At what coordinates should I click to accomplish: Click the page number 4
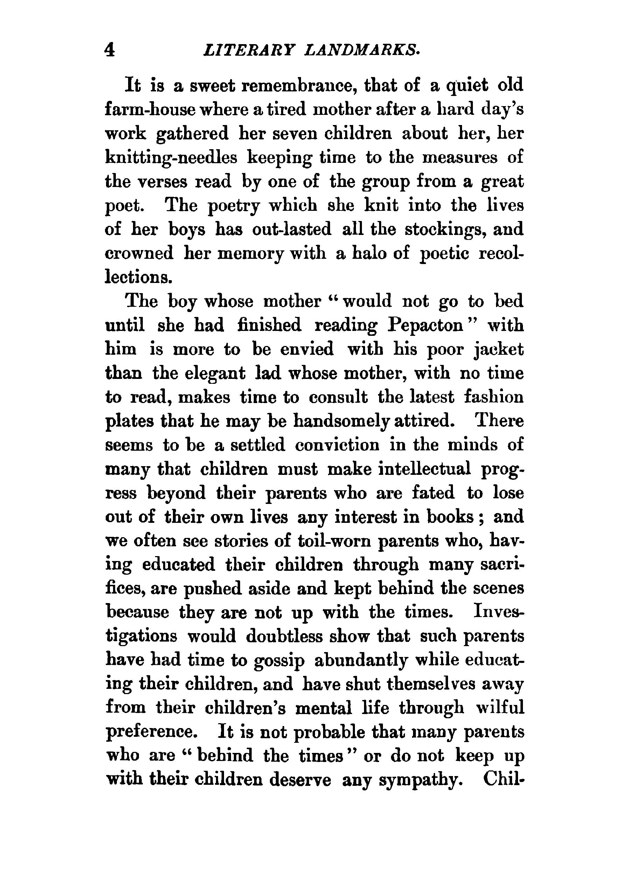click(x=110, y=50)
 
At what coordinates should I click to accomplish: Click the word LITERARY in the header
click(x=249, y=50)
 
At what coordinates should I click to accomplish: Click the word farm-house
click(x=150, y=110)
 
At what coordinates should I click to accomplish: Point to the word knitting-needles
click(x=171, y=158)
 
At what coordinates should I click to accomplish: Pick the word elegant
click(x=215, y=374)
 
